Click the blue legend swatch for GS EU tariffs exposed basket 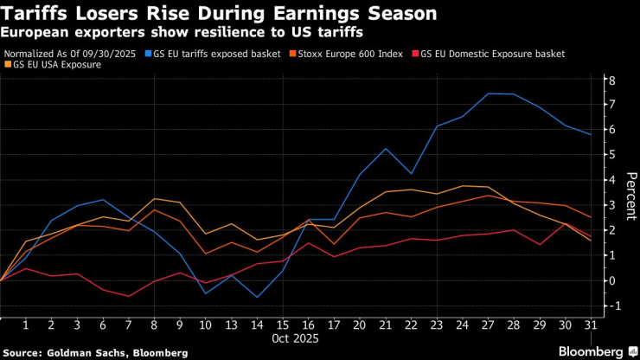[x=148, y=54]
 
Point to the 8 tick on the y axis [x=611, y=80]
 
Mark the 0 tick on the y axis [x=611, y=280]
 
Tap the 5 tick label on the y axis [x=611, y=155]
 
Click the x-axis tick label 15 [x=283, y=325]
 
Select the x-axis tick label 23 [x=437, y=325]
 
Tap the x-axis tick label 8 [x=154, y=325]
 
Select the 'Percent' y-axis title [x=631, y=195]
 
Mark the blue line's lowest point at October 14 [x=257, y=297]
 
